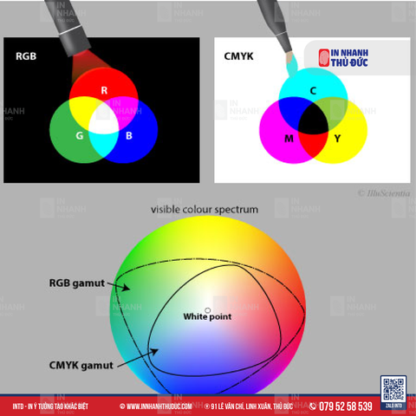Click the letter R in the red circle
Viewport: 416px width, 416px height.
point(104,90)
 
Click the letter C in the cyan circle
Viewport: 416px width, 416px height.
point(313,90)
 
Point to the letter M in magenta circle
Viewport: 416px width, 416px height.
point(289,139)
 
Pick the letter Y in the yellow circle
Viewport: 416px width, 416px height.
point(337,139)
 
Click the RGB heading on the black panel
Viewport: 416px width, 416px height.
point(25,56)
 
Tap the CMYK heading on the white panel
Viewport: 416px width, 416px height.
point(239,56)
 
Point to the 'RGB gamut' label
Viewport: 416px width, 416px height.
point(76,282)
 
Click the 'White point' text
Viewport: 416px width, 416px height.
point(207,317)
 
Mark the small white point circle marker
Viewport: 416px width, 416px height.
point(207,309)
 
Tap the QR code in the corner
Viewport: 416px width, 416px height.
point(393,389)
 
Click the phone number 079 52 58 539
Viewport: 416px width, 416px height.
point(346,406)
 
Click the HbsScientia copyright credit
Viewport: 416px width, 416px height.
point(385,193)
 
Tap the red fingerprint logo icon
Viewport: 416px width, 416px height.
point(325,57)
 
